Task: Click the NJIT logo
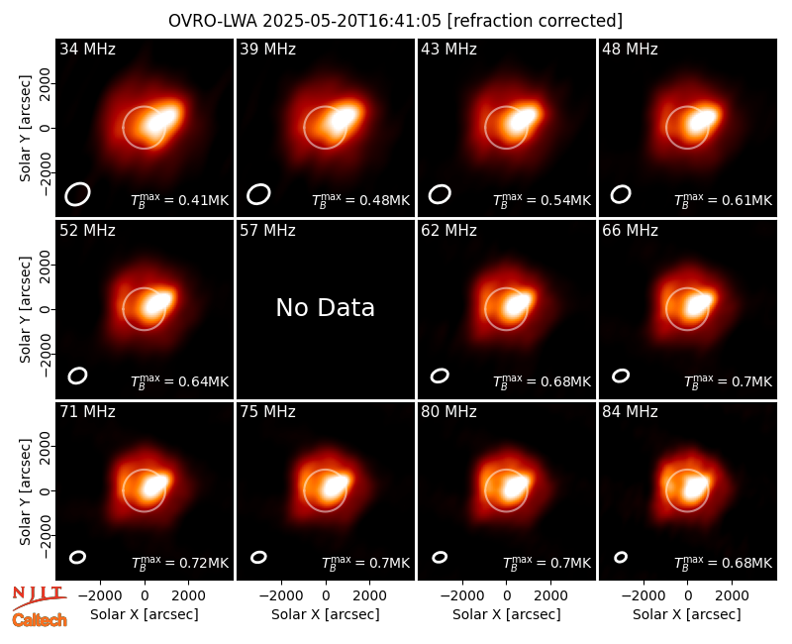coord(40,597)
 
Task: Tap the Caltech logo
coord(40,620)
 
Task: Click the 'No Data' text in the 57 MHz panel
coord(326,307)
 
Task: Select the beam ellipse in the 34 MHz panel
coord(77,194)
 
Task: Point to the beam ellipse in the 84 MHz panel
coord(621,557)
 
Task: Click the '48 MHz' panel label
coord(630,49)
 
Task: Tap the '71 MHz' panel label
coord(87,411)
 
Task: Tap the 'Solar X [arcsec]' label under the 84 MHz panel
coord(687,614)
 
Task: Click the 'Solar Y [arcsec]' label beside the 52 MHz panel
coord(25,309)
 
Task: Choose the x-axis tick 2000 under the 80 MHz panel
coord(550,595)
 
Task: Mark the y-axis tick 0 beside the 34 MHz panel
coord(45,128)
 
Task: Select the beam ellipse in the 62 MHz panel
coord(440,376)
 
